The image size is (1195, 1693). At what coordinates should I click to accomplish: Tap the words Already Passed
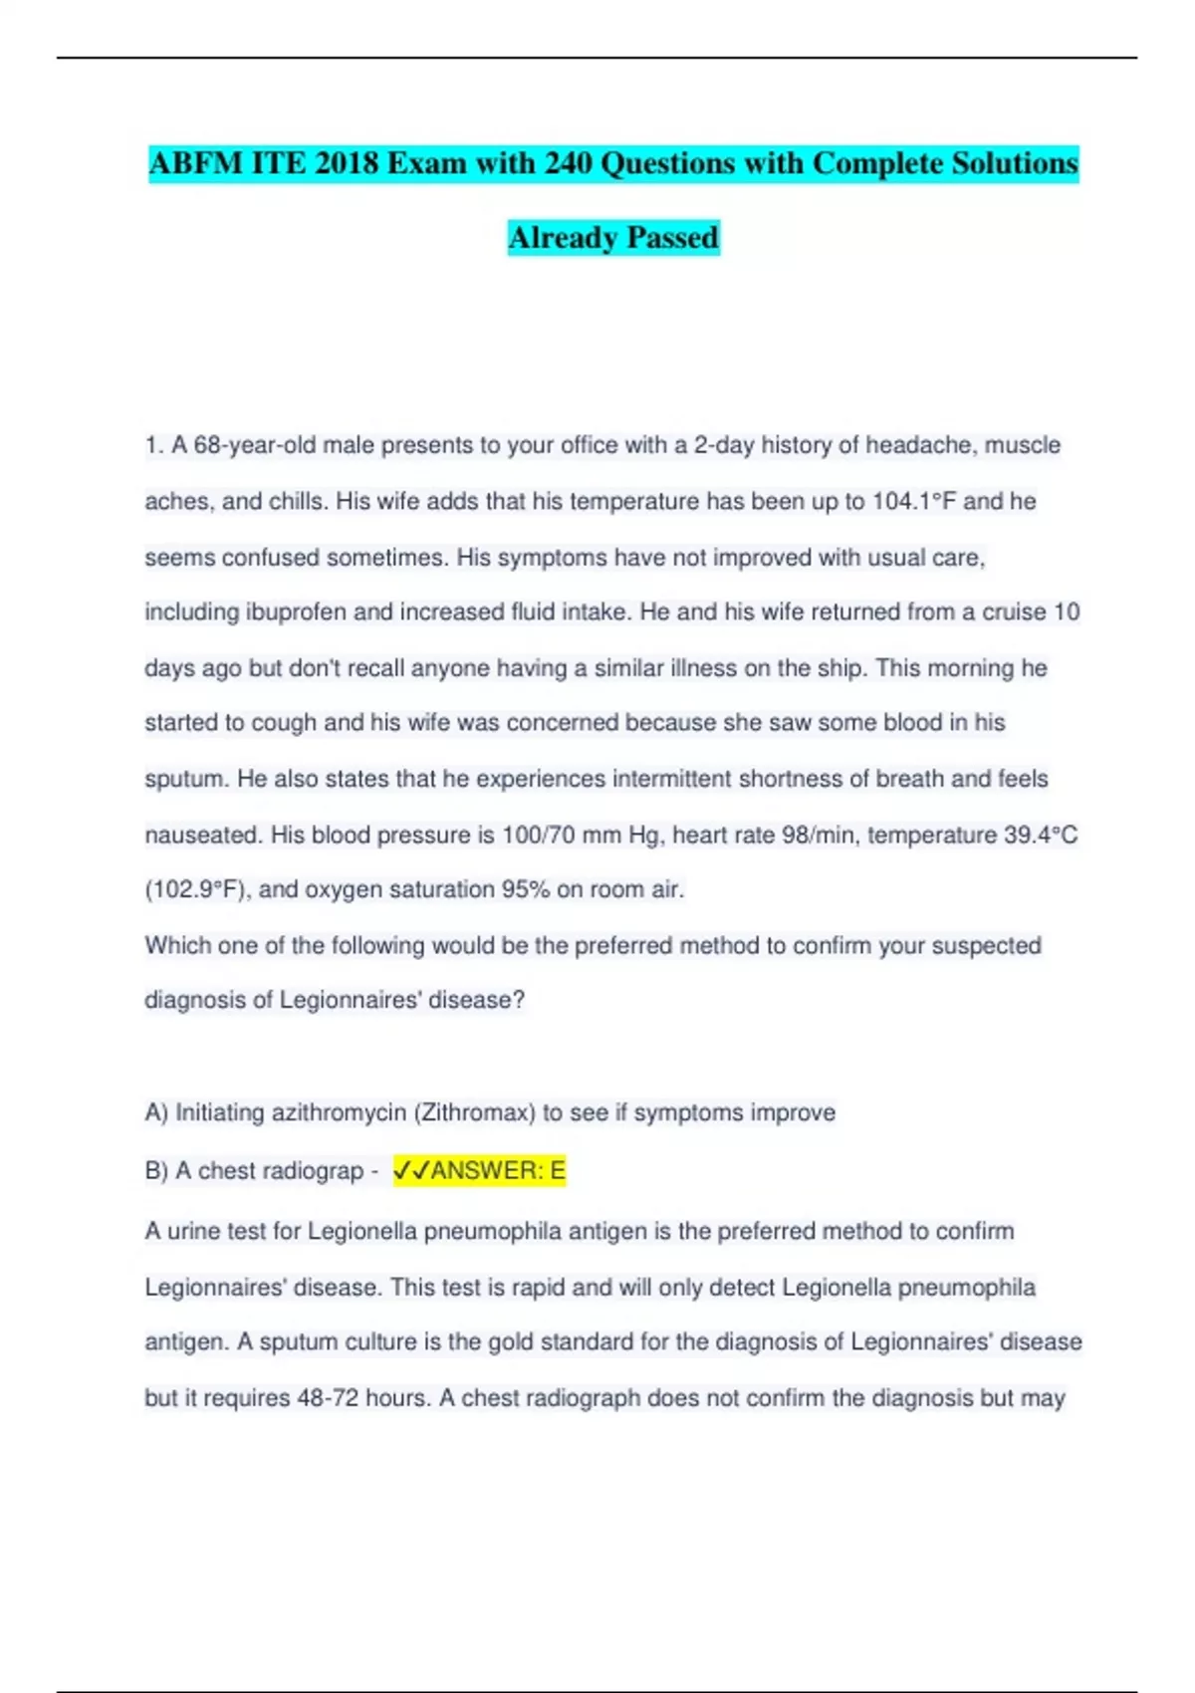[613, 238]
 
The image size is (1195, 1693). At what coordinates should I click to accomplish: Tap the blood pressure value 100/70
[539, 835]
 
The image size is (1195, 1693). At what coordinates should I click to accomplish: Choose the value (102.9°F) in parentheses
[195, 889]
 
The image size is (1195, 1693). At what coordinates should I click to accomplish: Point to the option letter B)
[156, 1171]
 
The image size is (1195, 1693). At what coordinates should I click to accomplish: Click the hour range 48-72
[328, 1398]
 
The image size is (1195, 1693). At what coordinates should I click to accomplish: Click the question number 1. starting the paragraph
[153, 445]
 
